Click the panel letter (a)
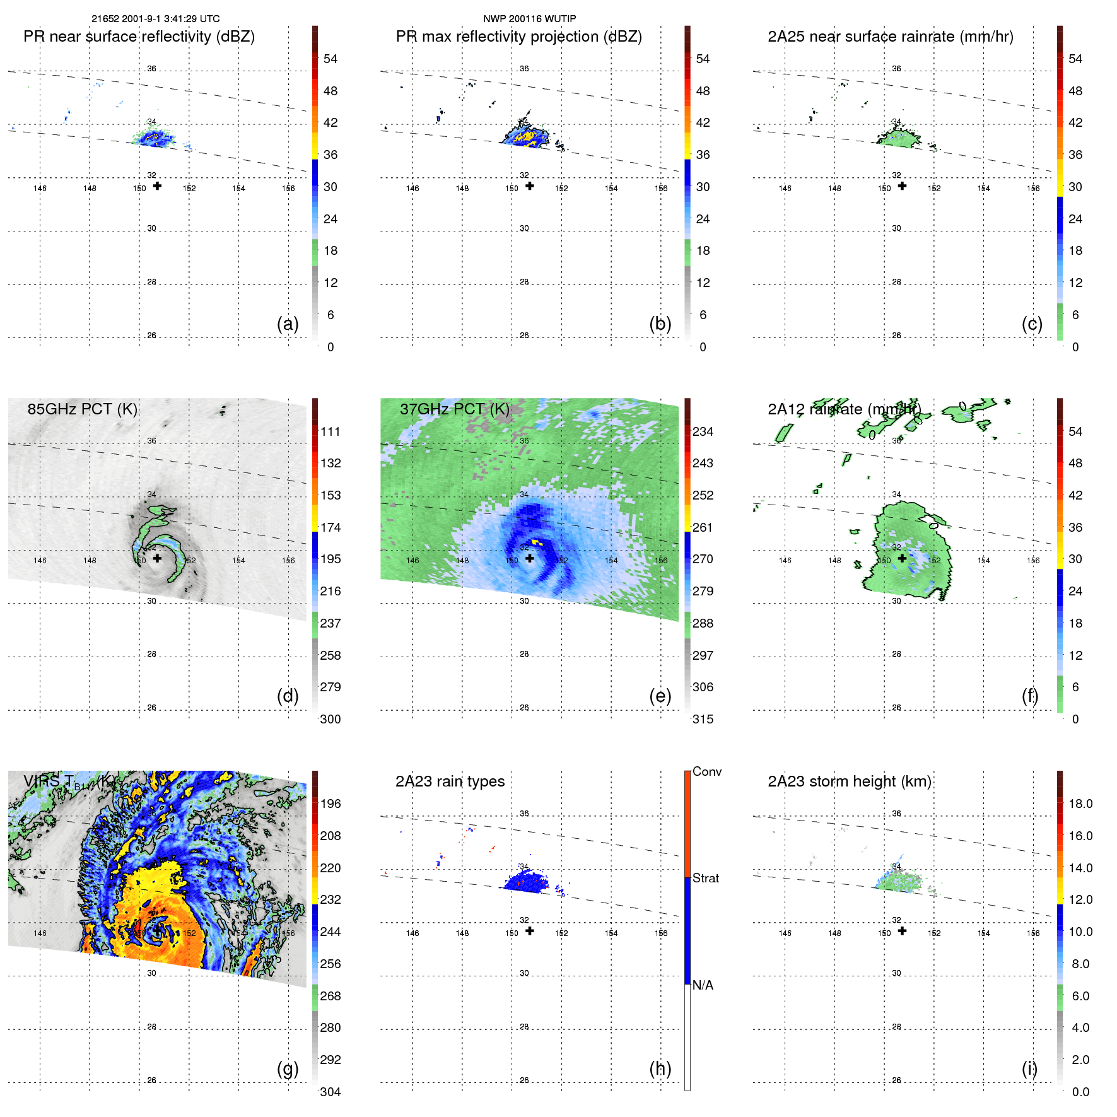point(288,324)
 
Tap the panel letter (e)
point(660,696)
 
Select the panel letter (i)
point(1029,1068)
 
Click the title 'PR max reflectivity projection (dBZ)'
point(518,37)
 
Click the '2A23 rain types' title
point(450,781)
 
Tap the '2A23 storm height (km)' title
point(849,781)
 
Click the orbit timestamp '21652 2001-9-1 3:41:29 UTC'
point(156,19)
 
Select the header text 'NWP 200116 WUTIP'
point(529,19)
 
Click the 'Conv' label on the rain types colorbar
point(706,771)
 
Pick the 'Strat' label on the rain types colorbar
point(705,878)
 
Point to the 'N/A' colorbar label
point(703,985)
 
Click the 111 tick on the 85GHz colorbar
point(330,431)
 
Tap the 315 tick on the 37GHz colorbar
point(703,719)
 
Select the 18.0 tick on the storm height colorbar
point(1080,804)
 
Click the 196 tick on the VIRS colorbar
point(330,804)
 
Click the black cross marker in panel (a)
point(157,186)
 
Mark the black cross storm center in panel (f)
point(902,558)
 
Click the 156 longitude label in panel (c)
point(1032,189)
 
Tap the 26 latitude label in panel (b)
point(524,336)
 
